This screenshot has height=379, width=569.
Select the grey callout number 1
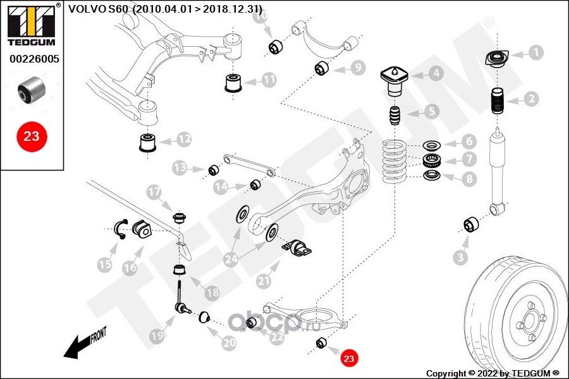(x=535, y=52)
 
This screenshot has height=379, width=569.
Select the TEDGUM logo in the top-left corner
(x=31, y=24)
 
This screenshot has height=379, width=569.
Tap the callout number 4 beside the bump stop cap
(x=436, y=73)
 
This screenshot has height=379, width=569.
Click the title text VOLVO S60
(x=97, y=9)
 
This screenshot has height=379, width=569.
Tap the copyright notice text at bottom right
(x=493, y=373)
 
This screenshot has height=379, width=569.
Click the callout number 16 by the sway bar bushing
(x=129, y=268)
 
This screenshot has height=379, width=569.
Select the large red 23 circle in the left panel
(x=31, y=136)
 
